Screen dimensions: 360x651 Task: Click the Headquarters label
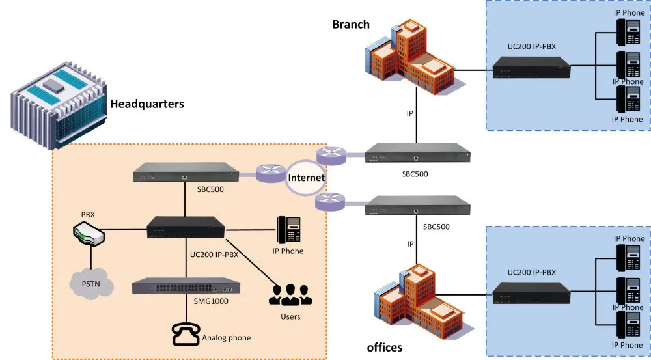[146, 104]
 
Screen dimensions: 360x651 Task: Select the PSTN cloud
[91, 284]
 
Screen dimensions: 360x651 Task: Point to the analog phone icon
[185, 333]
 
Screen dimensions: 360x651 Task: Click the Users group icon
[290, 294]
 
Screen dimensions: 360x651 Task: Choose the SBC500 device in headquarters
[186, 173]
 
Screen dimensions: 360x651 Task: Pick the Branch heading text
[351, 25]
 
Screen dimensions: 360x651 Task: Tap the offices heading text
[385, 347]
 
